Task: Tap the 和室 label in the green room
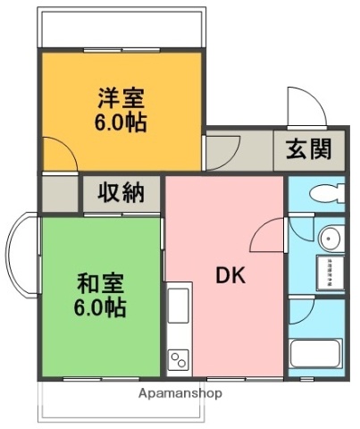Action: [x=101, y=285]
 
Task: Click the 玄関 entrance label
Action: [x=308, y=149]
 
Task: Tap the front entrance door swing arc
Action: [x=304, y=107]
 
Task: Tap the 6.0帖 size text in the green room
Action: [x=101, y=309]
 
